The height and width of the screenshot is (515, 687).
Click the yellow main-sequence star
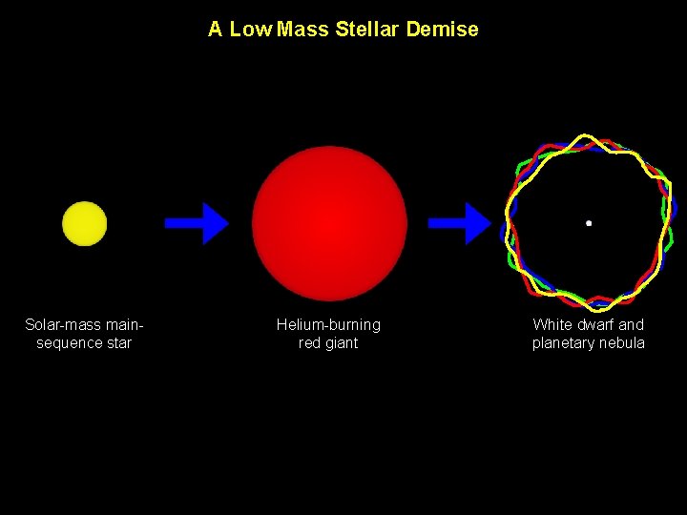pyautogui.click(x=84, y=223)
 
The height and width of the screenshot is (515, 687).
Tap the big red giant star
pyautogui.click(x=329, y=223)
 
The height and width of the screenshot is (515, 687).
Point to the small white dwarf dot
pyautogui.click(x=589, y=223)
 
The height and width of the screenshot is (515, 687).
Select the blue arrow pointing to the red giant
pyautogui.click(x=197, y=223)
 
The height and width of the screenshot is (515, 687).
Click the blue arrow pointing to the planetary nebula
pyautogui.click(x=459, y=223)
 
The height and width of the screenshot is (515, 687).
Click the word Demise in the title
pyautogui.click(x=442, y=30)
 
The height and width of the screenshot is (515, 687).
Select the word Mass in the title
pyautogui.click(x=302, y=30)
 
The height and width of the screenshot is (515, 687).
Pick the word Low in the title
pyautogui.click(x=250, y=30)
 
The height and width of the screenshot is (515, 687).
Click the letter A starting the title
pyautogui.click(x=215, y=30)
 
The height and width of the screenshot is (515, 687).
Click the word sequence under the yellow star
pyautogui.click(x=69, y=343)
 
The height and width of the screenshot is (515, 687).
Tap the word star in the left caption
pyautogui.click(x=118, y=343)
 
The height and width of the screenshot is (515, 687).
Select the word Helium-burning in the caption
pyautogui.click(x=328, y=325)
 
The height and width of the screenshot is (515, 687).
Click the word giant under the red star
pyautogui.click(x=341, y=343)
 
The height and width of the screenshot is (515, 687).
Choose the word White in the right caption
pyautogui.click(x=552, y=325)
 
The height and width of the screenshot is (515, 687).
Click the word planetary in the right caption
pyautogui.click(x=562, y=343)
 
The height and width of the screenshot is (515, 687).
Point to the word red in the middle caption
pyautogui.click(x=309, y=343)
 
